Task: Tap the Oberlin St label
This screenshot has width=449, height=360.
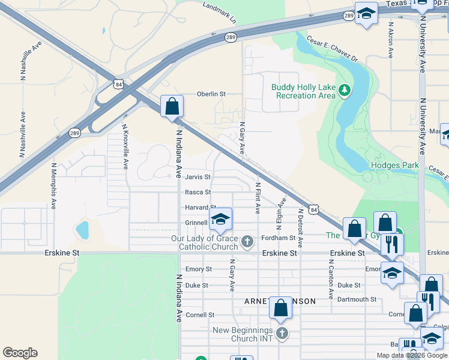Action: click(x=211, y=94)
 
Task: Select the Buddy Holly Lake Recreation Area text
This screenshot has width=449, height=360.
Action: click(x=303, y=91)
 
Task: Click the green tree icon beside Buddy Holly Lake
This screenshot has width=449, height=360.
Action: click(x=344, y=91)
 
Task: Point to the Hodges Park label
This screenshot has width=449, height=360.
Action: click(x=394, y=165)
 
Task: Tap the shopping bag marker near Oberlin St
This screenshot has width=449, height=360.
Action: click(x=172, y=107)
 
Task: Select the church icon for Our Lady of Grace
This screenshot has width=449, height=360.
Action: click(x=246, y=242)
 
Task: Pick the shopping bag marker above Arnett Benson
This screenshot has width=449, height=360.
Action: click(x=280, y=308)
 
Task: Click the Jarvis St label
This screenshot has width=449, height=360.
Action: click(x=198, y=177)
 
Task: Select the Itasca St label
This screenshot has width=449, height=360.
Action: click(x=198, y=192)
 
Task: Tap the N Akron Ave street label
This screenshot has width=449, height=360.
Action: click(x=391, y=40)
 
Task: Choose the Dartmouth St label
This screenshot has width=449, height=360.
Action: click(x=357, y=299)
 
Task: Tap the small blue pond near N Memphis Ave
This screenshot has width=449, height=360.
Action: click(x=82, y=229)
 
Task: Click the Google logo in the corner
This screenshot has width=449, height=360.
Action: click(x=20, y=353)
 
